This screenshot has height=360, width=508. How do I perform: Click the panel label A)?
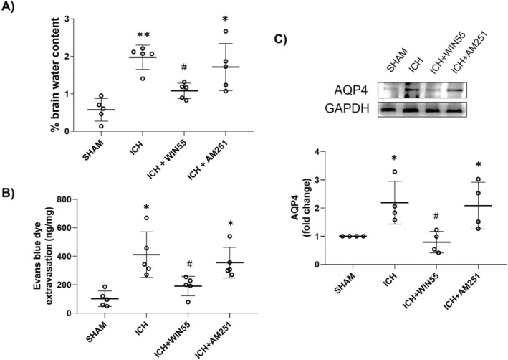pos(14,9)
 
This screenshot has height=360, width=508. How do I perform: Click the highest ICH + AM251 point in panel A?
pos(225,31)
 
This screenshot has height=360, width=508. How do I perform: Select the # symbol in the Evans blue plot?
pos(188,265)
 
